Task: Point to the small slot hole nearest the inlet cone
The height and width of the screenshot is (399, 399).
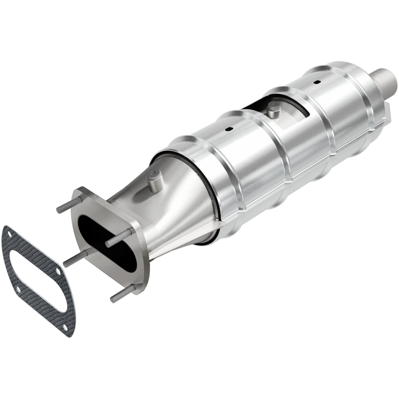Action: click(229, 129)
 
